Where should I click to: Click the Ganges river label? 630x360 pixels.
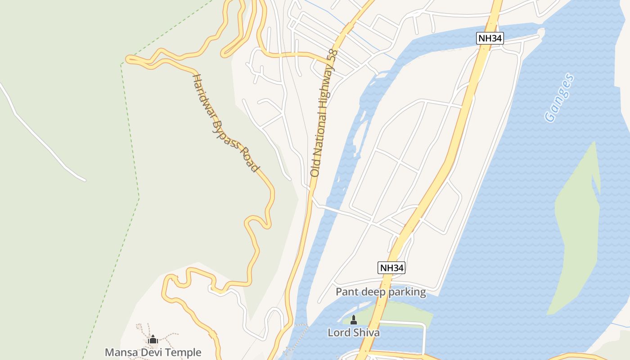pyautogui.click(x=559, y=98)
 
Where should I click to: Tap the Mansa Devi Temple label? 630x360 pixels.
pyautogui.click(x=153, y=352)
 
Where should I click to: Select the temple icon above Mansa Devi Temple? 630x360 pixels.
pyautogui.click(x=153, y=339)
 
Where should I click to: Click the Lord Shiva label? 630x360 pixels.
pyautogui.click(x=353, y=333)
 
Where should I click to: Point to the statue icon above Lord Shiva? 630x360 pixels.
pyautogui.click(x=353, y=320)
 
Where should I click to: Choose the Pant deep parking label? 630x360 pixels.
pyautogui.click(x=381, y=292)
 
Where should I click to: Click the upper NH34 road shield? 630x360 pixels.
pyautogui.click(x=490, y=38)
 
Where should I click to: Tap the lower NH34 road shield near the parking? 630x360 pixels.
pyautogui.click(x=391, y=268)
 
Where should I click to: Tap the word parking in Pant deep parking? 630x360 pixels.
pyautogui.click(x=407, y=292)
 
